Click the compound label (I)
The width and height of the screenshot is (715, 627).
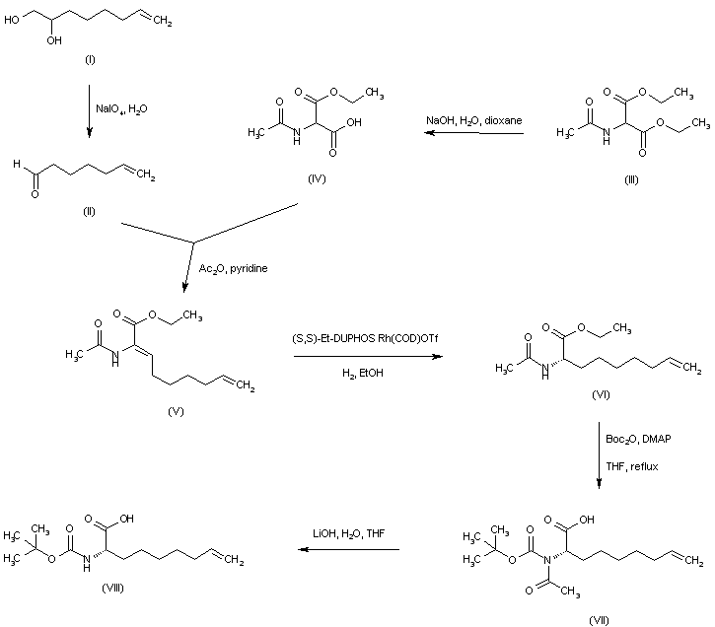[x=90, y=60]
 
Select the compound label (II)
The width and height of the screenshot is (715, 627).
[x=89, y=211]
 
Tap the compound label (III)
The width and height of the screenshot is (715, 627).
[x=631, y=180]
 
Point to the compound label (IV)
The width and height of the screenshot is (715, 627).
[x=317, y=178]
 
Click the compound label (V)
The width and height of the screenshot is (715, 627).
[x=176, y=411]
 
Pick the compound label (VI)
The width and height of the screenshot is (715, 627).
[x=601, y=394]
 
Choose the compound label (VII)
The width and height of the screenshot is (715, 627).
[x=599, y=620]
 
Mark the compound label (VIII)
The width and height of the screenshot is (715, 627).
[x=112, y=589]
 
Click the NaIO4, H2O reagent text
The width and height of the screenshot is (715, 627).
[x=121, y=109]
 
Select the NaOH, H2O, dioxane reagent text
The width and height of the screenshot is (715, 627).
[x=473, y=120]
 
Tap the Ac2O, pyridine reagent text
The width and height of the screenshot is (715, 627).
[x=233, y=269]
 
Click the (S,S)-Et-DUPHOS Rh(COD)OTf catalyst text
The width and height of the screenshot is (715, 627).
[x=365, y=339]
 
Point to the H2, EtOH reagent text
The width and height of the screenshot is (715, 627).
[x=363, y=374]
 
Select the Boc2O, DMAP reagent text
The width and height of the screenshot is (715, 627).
[x=638, y=440]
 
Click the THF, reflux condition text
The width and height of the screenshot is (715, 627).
[x=632, y=466]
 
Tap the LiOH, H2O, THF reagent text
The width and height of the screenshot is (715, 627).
[x=349, y=533]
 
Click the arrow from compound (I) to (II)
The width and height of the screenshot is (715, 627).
[x=90, y=110]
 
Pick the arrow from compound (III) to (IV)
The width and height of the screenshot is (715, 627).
[x=473, y=133]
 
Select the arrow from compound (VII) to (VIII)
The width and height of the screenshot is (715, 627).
[x=349, y=549]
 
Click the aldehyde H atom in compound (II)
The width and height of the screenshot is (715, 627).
[x=17, y=163]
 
